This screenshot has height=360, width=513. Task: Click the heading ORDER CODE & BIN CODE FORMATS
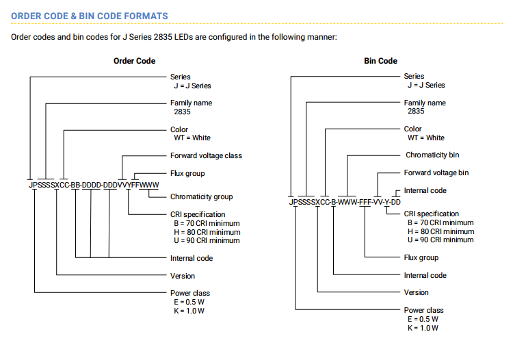tap(90, 16)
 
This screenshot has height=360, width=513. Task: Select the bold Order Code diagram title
tap(135, 61)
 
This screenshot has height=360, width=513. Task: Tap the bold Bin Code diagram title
tap(380, 61)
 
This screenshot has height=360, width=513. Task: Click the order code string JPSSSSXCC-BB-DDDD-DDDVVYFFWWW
tap(94, 185)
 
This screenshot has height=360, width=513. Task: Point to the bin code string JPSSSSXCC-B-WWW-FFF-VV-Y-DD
tap(345, 202)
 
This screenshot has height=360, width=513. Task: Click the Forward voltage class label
tap(206, 155)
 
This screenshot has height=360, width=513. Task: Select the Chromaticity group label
tap(202, 196)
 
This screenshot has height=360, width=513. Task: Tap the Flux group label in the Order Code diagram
tap(187, 173)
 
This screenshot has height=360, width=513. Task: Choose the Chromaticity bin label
tap(432, 155)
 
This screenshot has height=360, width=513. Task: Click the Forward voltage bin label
tap(436, 172)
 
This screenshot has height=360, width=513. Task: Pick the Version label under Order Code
tap(183, 276)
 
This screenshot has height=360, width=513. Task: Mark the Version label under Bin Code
tap(416, 292)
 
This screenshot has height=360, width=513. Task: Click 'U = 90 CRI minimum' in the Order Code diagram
tap(207, 240)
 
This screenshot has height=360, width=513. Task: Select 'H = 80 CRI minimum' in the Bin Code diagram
tap(440, 231)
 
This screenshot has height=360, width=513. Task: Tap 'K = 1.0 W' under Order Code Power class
tap(189, 311)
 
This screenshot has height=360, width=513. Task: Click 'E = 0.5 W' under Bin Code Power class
tap(423, 319)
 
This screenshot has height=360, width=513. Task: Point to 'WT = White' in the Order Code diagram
tap(192, 138)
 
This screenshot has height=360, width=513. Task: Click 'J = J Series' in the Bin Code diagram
tap(426, 85)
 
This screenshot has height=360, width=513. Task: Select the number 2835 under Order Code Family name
tap(182, 112)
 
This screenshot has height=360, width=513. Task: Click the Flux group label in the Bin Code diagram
tap(421, 257)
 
